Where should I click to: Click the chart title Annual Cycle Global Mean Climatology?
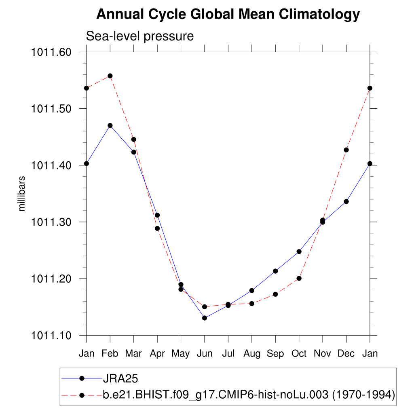coord(228,15)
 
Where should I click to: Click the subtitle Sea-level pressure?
coord(140,36)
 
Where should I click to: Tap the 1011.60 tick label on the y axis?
coord(51,52)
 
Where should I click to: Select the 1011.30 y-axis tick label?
coord(51,222)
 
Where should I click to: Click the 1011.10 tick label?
coord(51,335)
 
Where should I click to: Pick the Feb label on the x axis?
coord(110,354)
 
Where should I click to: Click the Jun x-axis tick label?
coord(205,354)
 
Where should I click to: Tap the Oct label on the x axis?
coord(299,354)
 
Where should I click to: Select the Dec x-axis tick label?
coord(346,354)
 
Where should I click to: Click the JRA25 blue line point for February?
coord(110,125)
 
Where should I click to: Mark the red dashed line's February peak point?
coord(110,76)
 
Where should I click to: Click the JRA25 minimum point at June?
coord(205,318)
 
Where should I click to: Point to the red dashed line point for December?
coord(346,150)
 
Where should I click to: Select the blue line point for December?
coord(346,201)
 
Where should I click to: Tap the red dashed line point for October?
coord(299,278)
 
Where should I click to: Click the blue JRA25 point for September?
coord(275,271)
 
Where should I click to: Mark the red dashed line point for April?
coord(157,228)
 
